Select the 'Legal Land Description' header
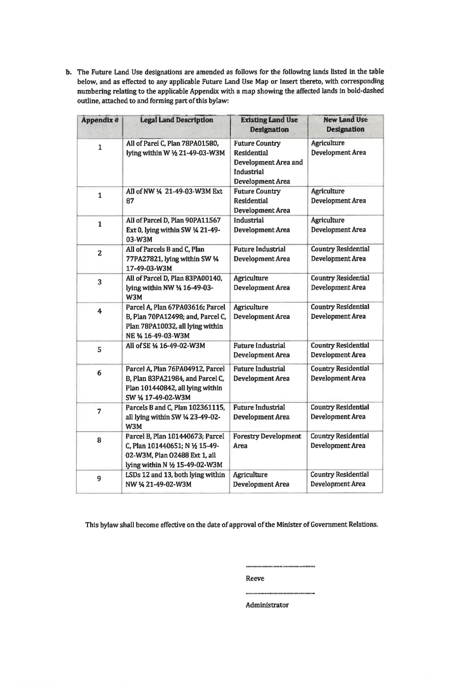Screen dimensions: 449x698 pyautogui.click(x=176, y=120)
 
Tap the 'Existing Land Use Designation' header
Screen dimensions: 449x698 pyautogui.click(x=269, y=125)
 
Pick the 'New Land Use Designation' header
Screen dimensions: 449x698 pyautogui.click(x=345, y=124)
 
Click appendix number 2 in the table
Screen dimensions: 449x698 pyautogui.click(x=100, y=253)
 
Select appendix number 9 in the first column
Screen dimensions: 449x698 pyautogui.click(x=99, y=479)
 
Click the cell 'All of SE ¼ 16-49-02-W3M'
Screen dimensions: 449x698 pyautogui.click(x=165, y=345)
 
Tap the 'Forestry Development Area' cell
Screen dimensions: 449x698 pyautogui.click(x=267, y=441)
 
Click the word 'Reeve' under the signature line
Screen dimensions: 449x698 pyautogui.click(x=255, y=578)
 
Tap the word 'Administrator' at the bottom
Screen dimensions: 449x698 pyautogui.click(x=267, y=605)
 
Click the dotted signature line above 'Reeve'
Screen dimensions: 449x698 pyautogui.click(x=280, y=566)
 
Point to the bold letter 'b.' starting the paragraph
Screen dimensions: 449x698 pyautogui.click(x=70, y=72)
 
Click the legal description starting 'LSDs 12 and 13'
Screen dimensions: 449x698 pyautogui.click(x=175, y=479)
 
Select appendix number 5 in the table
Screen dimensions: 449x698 pyautogui.click(x=100, y=349)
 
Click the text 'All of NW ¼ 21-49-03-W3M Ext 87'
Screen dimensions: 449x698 pyautogui.click(x=174, y=196)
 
